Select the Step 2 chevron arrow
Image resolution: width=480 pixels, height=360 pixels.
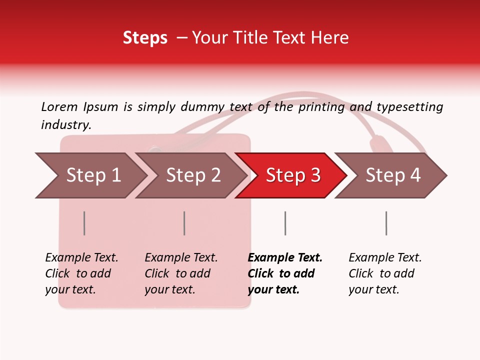tap(193, 175)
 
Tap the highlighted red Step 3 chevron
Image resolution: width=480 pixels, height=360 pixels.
tap(293, 175)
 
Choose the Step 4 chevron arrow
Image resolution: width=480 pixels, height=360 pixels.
tap(393, 175)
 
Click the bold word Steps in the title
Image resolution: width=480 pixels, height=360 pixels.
tap(145, 38)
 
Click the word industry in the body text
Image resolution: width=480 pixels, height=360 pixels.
tap(66, 125)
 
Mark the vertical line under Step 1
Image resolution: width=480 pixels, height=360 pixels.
tap(84, 223)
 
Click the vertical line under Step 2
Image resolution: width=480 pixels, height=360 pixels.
tap(184, 223)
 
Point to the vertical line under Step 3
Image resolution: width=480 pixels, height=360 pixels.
tap(285, 223)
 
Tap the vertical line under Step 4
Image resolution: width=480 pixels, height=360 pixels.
tap(386, 223)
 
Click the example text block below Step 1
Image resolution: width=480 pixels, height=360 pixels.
tap(81, 273)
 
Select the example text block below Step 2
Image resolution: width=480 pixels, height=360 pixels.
tap(181, 273)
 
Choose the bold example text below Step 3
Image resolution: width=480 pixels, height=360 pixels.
tap(285, 273)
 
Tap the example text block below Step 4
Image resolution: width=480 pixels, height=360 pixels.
tap(385, 273)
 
